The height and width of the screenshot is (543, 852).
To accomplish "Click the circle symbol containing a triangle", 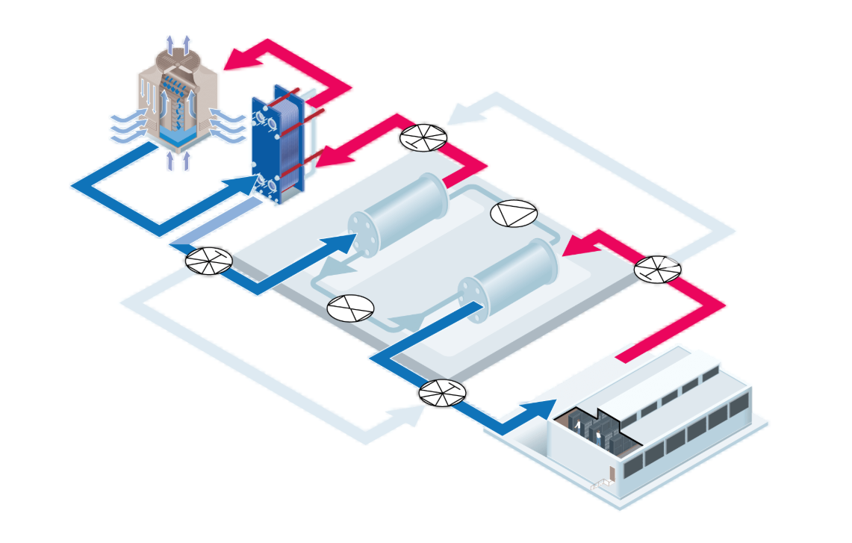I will (513, 213).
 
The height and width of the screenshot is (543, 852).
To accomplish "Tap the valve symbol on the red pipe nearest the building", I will (658, 269).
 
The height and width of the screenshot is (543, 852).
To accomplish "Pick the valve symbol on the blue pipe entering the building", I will (442, 393).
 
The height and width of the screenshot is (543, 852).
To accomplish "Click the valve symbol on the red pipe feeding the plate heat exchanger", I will (423, 137).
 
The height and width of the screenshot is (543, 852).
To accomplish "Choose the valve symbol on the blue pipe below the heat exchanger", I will (208, 261).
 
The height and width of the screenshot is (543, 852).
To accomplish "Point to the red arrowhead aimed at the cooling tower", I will (240, 58).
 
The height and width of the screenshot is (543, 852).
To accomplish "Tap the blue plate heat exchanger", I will (278, 142).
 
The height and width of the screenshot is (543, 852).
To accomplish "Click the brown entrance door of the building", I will (612, 474).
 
